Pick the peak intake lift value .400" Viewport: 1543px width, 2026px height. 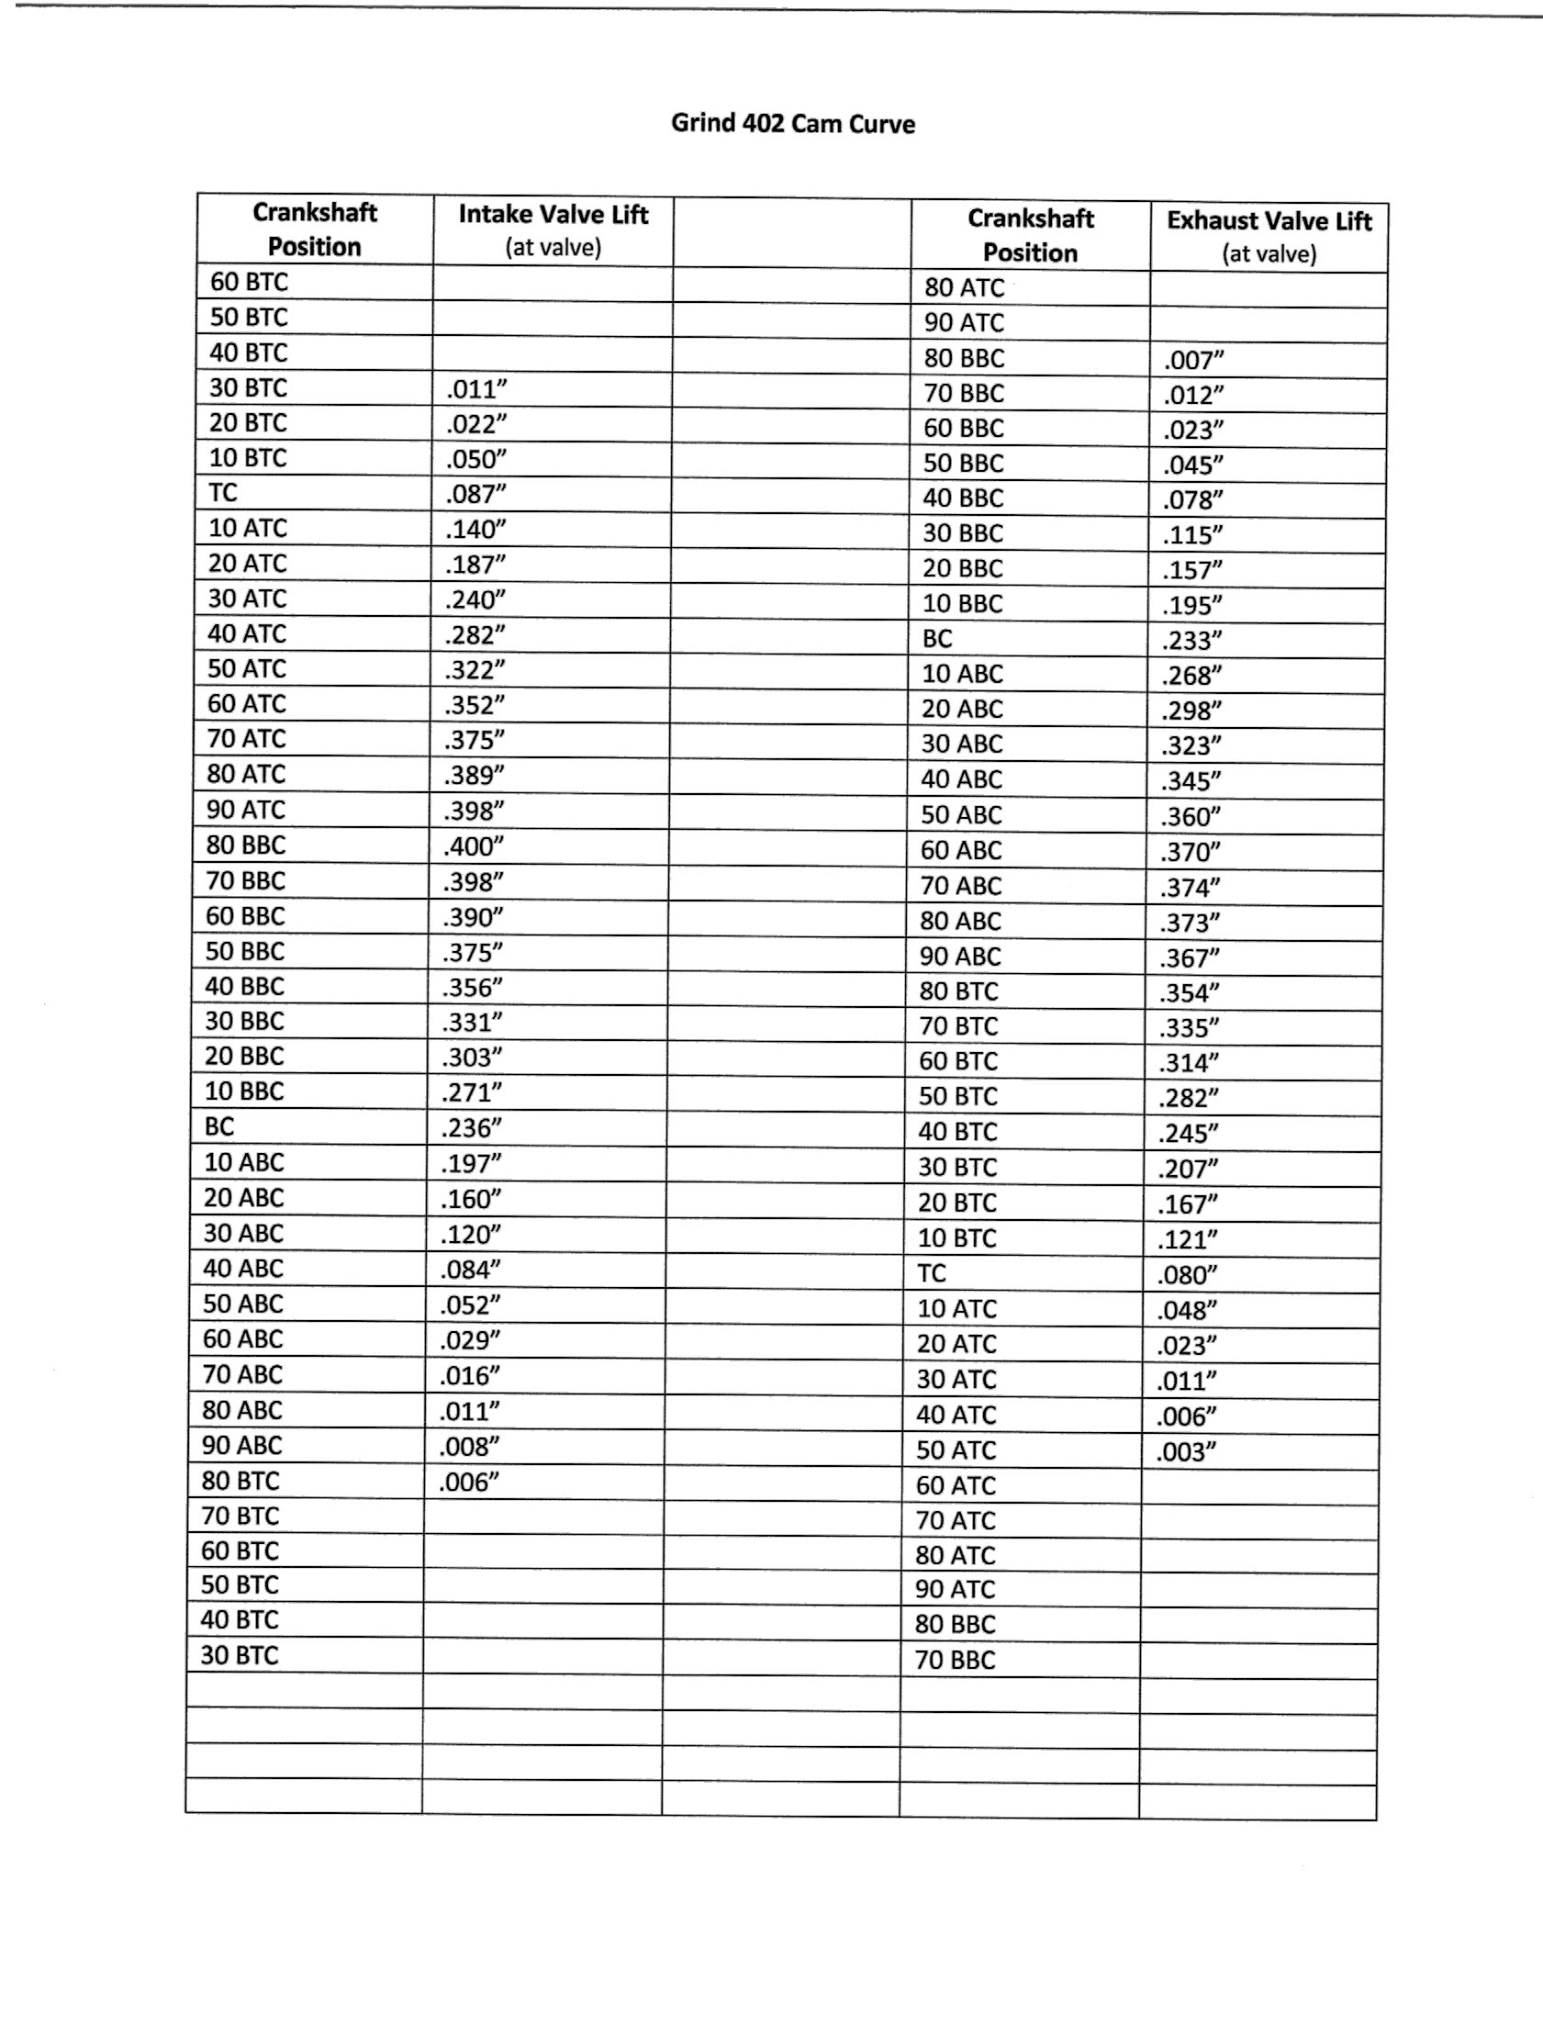pos(474,845)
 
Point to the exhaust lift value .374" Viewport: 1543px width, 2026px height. pos(1191,887)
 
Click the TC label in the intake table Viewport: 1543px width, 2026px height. pos(223,493)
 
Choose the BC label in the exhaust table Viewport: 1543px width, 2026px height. pos(938,638)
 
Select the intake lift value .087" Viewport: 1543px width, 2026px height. pos(475,494)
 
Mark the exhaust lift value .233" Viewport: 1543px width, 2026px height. pos(1192,640)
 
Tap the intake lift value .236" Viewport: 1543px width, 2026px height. pos(471,1128)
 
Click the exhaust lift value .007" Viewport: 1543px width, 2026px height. pos(1194,360)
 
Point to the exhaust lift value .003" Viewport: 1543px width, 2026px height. pos(1187,1452)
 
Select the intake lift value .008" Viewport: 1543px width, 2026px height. pos(469,1447)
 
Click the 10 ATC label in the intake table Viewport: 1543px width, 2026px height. pos(248,528)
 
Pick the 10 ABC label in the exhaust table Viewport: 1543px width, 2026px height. pos(963,674)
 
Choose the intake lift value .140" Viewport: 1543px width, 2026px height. pos(475,529)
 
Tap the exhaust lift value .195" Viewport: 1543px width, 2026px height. pos(1192,605)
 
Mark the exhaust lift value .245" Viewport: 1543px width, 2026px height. pos(1189,1134)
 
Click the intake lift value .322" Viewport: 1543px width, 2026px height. pos(475,670)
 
